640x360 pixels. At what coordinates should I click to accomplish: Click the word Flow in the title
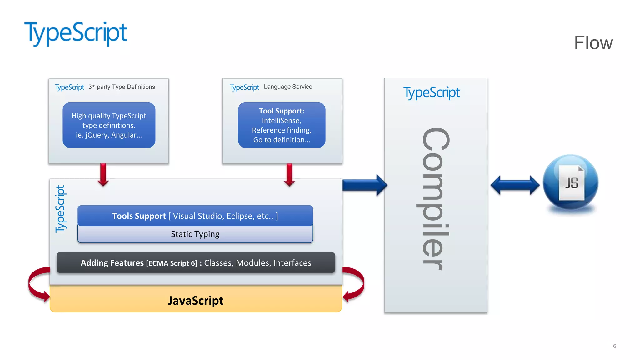(x=593, y=43)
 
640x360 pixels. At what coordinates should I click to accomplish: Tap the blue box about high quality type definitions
(x=109, y=125)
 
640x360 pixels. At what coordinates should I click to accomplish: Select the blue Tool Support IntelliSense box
(x=282, y=125)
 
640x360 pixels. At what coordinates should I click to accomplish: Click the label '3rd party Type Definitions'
(x=122, y=87)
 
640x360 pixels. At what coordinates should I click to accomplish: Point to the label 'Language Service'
(x=288, y=87)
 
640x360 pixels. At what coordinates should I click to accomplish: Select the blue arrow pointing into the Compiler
(x=364, y=185)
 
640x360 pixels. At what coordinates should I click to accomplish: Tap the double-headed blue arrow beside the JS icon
(x=515, y=185)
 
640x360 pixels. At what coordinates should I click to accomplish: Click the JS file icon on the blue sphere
(x=571, y=182)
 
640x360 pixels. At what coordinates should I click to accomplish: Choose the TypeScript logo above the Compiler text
(x=431, y=93)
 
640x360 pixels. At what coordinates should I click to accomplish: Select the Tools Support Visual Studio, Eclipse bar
(x=195, y=216)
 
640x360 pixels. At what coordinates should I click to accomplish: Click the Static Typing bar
(x=195, y=234)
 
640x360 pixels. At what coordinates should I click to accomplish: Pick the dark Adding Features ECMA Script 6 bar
(x=196, y=263)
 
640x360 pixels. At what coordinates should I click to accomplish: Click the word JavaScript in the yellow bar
(x=196, y=301)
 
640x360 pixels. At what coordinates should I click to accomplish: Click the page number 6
(x=614, y=346)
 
